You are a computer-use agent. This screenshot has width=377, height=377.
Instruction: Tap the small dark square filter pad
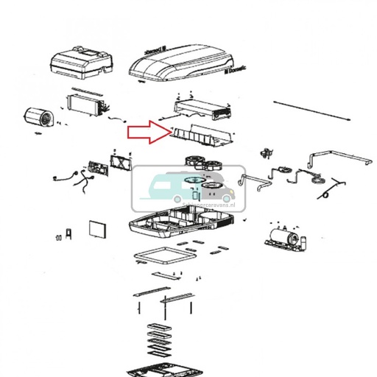(96, 228)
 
